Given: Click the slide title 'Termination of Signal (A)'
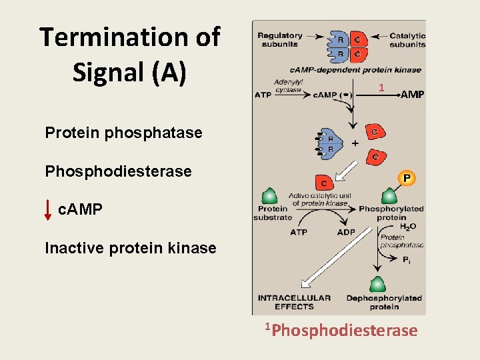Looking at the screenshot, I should coord(129,55).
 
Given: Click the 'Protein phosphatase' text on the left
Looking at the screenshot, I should coord(123,133).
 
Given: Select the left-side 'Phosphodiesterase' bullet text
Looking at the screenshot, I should coord(118,171).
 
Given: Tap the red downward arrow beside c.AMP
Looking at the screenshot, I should coord(48,209).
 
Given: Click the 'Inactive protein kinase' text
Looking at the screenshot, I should coord(130,249).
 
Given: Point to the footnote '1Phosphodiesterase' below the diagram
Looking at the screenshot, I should coord(341,330).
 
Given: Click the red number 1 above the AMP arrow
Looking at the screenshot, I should coord(381,88).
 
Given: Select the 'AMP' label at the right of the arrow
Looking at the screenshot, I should coord(412,95).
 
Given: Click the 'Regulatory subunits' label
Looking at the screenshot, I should coord(280,40).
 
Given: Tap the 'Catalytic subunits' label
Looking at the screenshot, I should coord(407,40).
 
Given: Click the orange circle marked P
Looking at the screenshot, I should coord(407,177).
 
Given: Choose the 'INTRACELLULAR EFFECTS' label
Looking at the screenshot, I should coord(294,302).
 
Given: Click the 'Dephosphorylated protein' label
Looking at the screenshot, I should coord(384,302).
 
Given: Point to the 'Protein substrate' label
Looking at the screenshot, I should coord(273,213).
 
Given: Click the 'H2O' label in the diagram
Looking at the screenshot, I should coord(408,227).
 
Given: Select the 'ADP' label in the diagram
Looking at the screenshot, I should coord(346,233).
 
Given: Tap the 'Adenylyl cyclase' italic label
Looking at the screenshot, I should coord(288,85).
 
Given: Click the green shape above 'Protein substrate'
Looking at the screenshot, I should coord(269,196).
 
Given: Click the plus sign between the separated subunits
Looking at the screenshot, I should coord(355,143).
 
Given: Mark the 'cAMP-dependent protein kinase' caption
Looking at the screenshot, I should coord(355,69).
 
